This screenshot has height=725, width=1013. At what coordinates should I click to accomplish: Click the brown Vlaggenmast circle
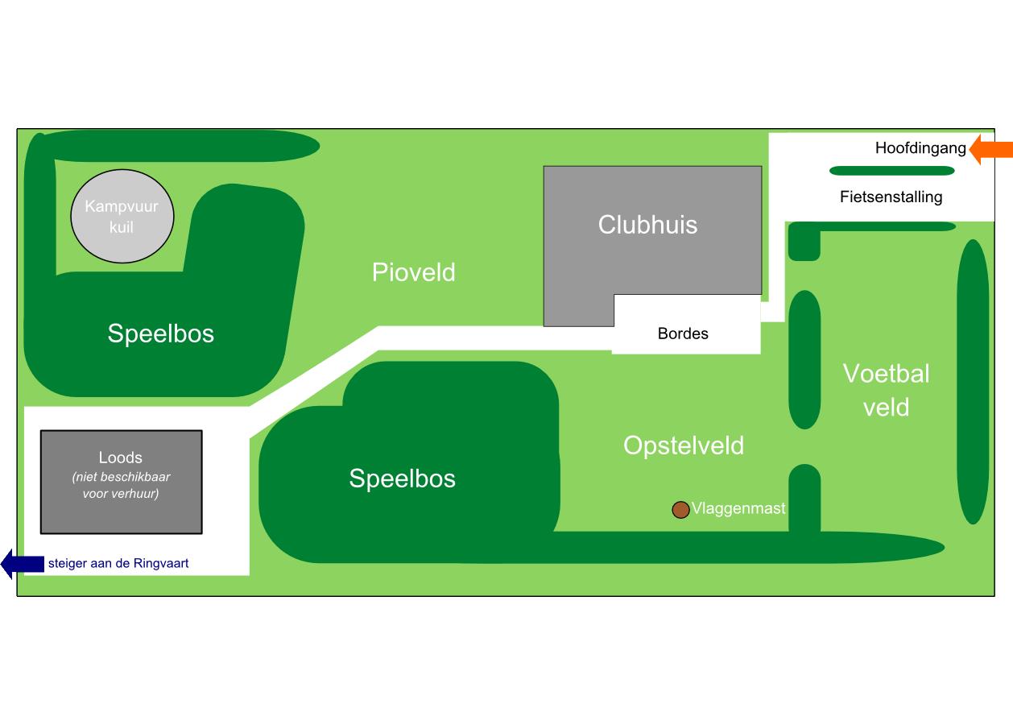(x=680, y=509)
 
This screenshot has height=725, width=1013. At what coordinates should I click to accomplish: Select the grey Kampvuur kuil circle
(x=122, y=217)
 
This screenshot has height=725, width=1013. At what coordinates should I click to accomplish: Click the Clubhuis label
(x=647, y=225)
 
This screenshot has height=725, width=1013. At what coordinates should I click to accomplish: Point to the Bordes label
(x=683, y=333)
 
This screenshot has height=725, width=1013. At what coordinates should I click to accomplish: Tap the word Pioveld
(x=414, y=272)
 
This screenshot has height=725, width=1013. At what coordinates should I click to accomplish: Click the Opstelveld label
(x=683, y=445)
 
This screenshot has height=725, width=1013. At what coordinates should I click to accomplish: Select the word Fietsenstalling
(x=891, y=197)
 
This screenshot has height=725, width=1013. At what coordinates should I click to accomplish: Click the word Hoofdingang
(x=920, y=148)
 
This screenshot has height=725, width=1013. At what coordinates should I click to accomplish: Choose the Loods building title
(x=121, y=458)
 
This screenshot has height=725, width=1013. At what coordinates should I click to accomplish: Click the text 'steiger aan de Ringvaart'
(x=118, y=564)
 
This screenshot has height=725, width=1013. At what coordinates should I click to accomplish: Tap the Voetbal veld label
(x=886, y=390)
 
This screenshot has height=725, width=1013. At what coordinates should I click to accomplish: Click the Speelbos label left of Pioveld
(x=161, y=333)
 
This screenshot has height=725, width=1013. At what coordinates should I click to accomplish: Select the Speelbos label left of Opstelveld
(x=402, y=478)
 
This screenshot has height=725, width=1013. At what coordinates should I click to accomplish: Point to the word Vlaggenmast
(x=738, y=509)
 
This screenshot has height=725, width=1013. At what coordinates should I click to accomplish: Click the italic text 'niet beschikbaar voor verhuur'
(x=121, y=485)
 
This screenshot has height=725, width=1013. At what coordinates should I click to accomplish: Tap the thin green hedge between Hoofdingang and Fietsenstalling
(x=891, y=171)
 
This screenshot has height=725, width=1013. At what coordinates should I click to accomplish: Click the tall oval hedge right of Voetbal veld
(x=972, y=381)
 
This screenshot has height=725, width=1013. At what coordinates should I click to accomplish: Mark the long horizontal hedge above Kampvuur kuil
(x=181, y=146)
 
